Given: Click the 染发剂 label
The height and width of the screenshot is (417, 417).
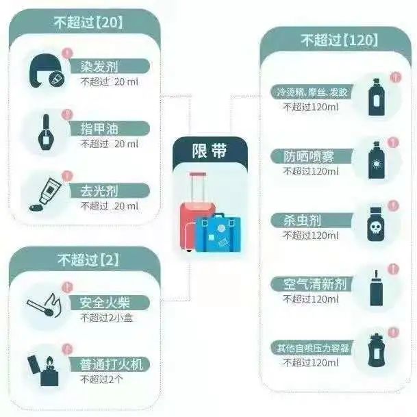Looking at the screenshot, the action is click(99, 66).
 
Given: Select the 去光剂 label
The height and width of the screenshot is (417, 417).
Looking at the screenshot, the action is click(99, 190).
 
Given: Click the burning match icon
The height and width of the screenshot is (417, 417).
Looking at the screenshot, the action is click(45, 305).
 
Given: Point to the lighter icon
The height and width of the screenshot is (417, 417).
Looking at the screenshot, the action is click(44, 370).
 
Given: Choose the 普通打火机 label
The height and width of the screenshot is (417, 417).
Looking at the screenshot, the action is click(111, 364).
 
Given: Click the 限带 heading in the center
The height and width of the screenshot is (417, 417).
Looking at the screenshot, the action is click(210, 151).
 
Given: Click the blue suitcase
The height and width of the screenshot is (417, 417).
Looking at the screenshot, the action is click(218, 232).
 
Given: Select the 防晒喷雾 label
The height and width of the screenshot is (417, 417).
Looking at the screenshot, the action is click(309, 156).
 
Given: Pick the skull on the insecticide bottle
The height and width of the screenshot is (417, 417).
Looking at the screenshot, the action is click(375, 227).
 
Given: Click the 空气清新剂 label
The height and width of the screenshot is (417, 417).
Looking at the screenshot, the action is click(315, 284).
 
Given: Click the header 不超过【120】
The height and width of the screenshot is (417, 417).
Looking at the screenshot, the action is click(340, 40).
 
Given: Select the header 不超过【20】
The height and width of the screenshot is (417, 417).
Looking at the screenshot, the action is click(88, 23).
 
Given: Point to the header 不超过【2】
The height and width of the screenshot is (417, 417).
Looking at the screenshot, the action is click(88, 260).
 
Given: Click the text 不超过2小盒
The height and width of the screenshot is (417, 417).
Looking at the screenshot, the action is click(106, 318).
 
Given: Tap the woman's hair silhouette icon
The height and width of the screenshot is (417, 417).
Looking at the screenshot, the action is click(45, 71).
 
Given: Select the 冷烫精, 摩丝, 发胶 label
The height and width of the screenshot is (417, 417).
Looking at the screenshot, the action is click(312, 92).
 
